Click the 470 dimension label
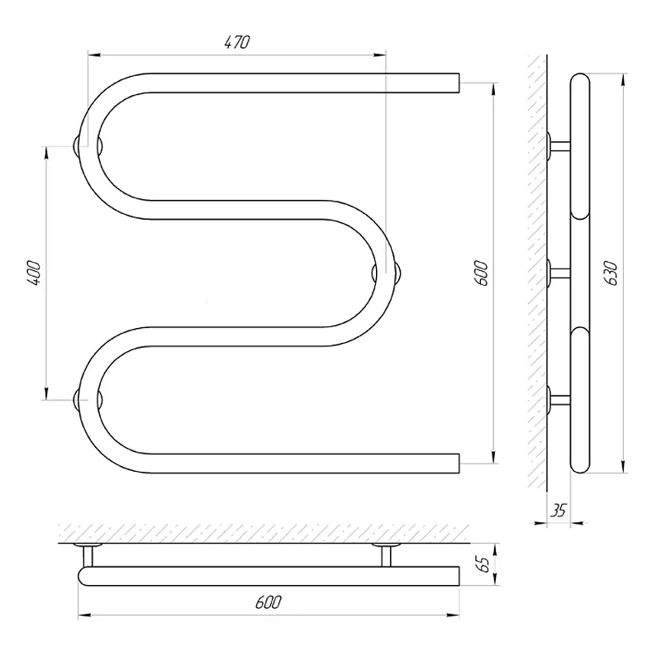[x=237, y=42]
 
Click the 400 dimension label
[x=34, y=273]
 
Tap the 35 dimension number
[x=559, y=511]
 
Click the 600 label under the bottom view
[x=268, y=602]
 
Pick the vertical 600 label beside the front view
[x=481, y=273]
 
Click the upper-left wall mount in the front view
[x=88, y=146]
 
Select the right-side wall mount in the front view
[x=386, y=273]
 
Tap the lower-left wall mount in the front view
[x=88, y=400]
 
